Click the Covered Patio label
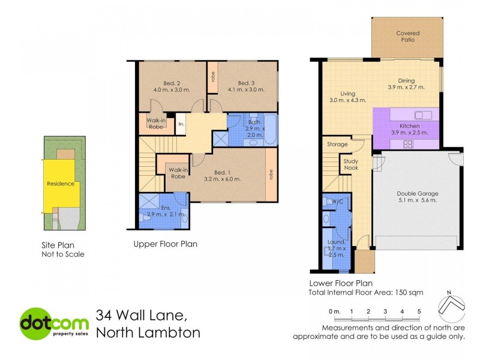(408, 37)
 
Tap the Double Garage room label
(417, 194)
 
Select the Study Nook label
(351, 164)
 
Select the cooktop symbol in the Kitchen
(408, 143)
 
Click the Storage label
(337, 145)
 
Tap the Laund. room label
(335, 242)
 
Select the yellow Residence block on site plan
(60, 184)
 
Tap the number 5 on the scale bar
(419, 311)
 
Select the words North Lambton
(148, 332)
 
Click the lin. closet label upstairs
(180, 124)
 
